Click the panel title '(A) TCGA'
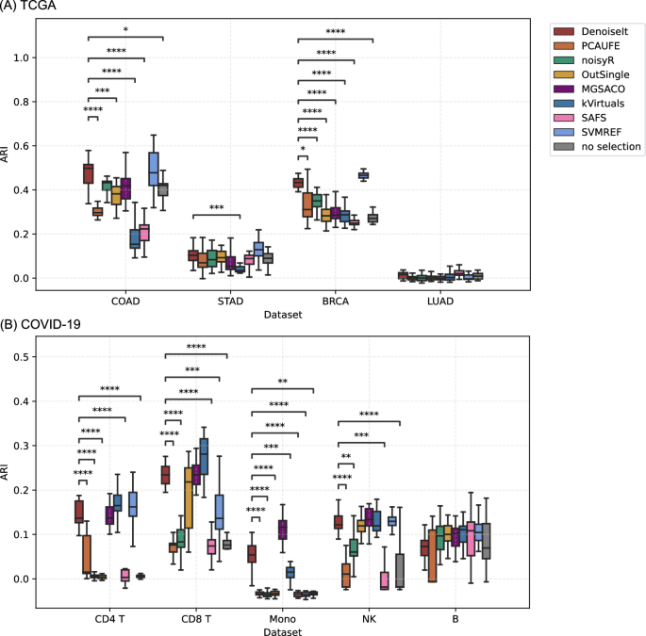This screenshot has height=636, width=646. click(35, 8)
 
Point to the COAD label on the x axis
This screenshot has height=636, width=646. click(125, 302)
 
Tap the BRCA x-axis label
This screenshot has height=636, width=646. click(335, 302)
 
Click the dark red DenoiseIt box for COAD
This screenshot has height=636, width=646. click(88, 173)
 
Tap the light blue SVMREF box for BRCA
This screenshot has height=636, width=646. click(363, 175)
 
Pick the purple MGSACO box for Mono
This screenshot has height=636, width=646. click(281, 529)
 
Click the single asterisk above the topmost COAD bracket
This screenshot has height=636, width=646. click(125, 31)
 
